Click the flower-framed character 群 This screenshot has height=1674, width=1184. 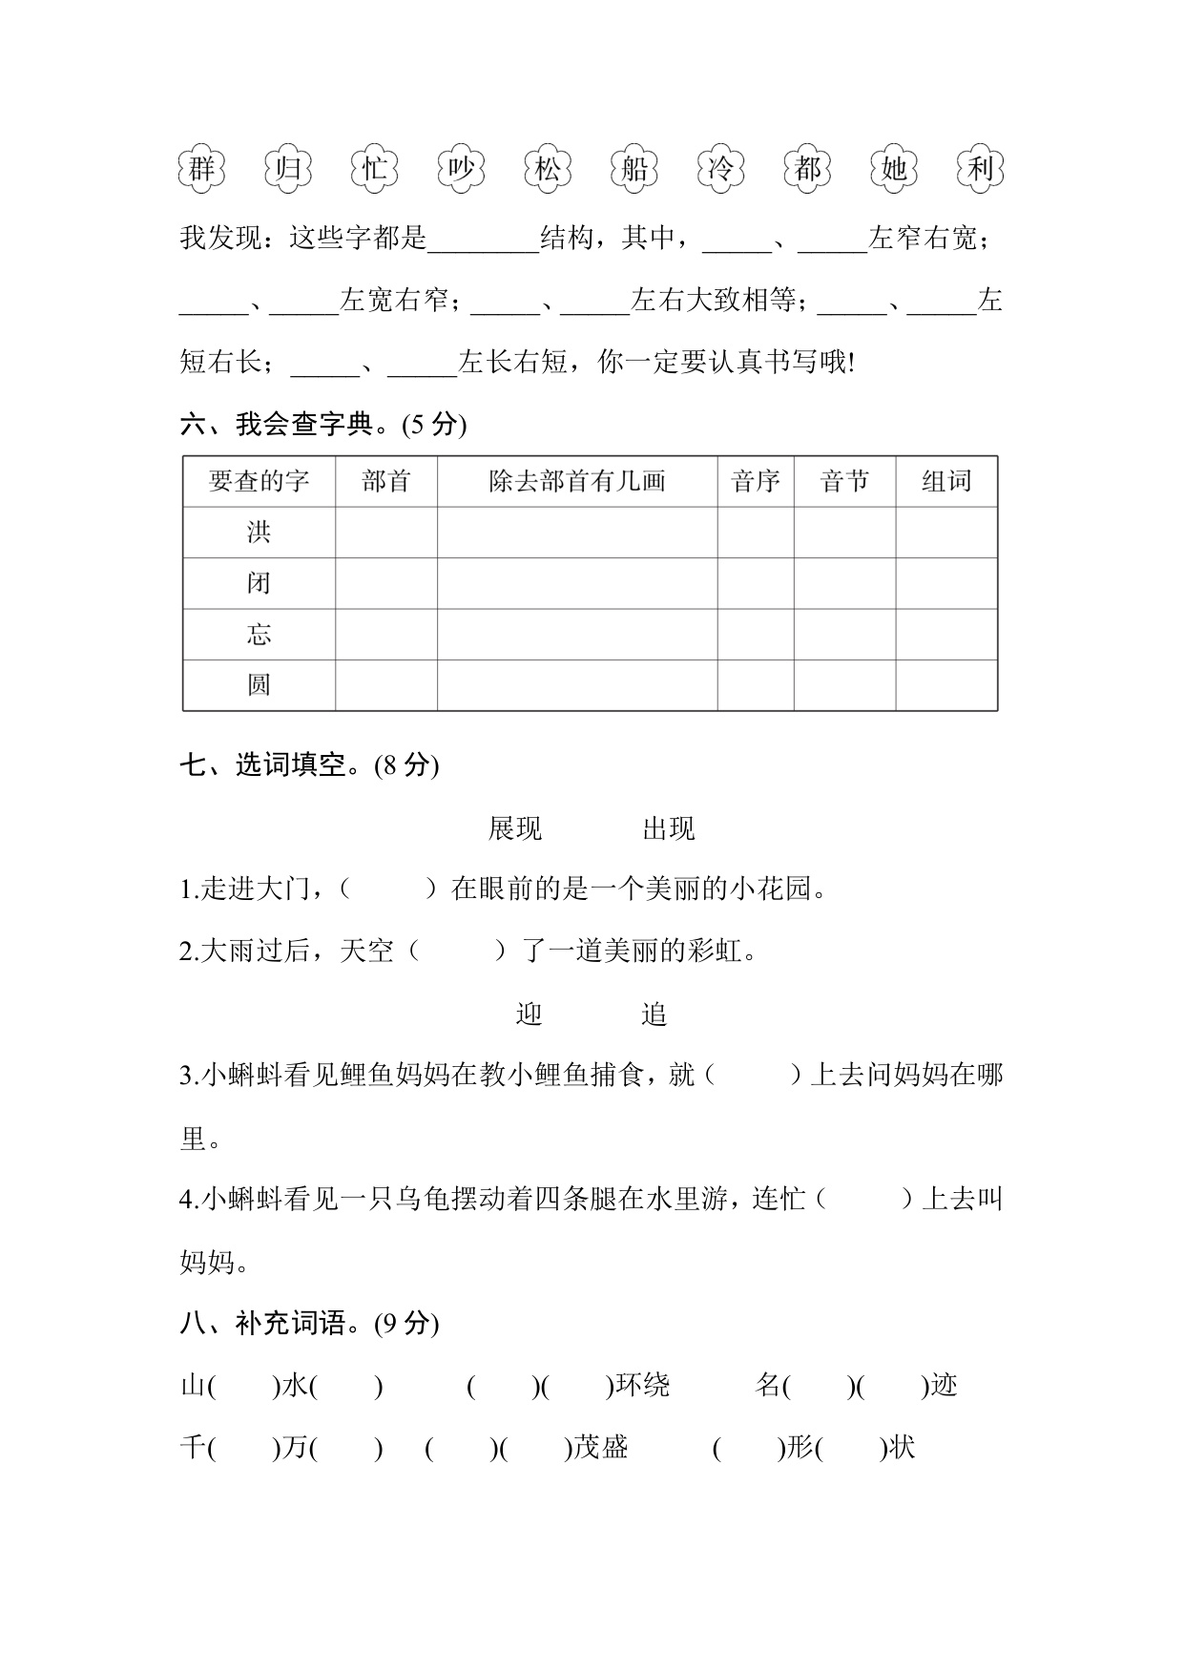click(201, 170)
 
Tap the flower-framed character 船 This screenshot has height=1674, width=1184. click(634, 170)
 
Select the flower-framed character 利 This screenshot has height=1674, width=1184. click(981, 170)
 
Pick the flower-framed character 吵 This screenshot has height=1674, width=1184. click(462, 170)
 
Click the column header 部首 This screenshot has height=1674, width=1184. click(386, 481)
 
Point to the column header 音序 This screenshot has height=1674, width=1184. click(756, 481)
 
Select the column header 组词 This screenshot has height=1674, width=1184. click(946, 481)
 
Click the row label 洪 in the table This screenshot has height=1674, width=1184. click(259, 532)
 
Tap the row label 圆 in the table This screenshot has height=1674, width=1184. click(259, 685)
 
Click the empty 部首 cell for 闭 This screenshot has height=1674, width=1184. click(386, 583)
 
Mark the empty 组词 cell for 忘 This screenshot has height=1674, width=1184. click(946, 635)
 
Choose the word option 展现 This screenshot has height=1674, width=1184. click(515, 828)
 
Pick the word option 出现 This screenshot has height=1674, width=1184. click(669, 828)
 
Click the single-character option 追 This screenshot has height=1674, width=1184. click(654, 1014)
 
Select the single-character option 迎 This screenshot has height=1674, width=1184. click(530, 1014)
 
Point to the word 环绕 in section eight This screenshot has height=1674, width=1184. click(643, 1385)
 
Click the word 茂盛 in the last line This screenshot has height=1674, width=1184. click(601, 1448)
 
